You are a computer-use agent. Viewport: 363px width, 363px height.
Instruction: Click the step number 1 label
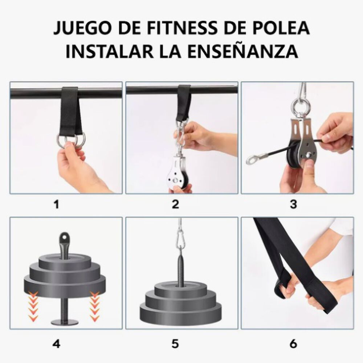[56, 204]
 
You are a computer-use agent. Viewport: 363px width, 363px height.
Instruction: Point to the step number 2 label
[176, 204]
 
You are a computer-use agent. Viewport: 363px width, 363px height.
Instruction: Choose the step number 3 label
[293, 204]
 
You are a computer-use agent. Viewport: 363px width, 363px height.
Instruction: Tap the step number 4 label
[56, 343]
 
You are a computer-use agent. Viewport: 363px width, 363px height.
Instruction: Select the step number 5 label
[176, 343]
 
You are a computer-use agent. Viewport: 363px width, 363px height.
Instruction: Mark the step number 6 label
[293, 343]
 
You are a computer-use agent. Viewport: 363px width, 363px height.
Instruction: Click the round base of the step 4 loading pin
[65, 322]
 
